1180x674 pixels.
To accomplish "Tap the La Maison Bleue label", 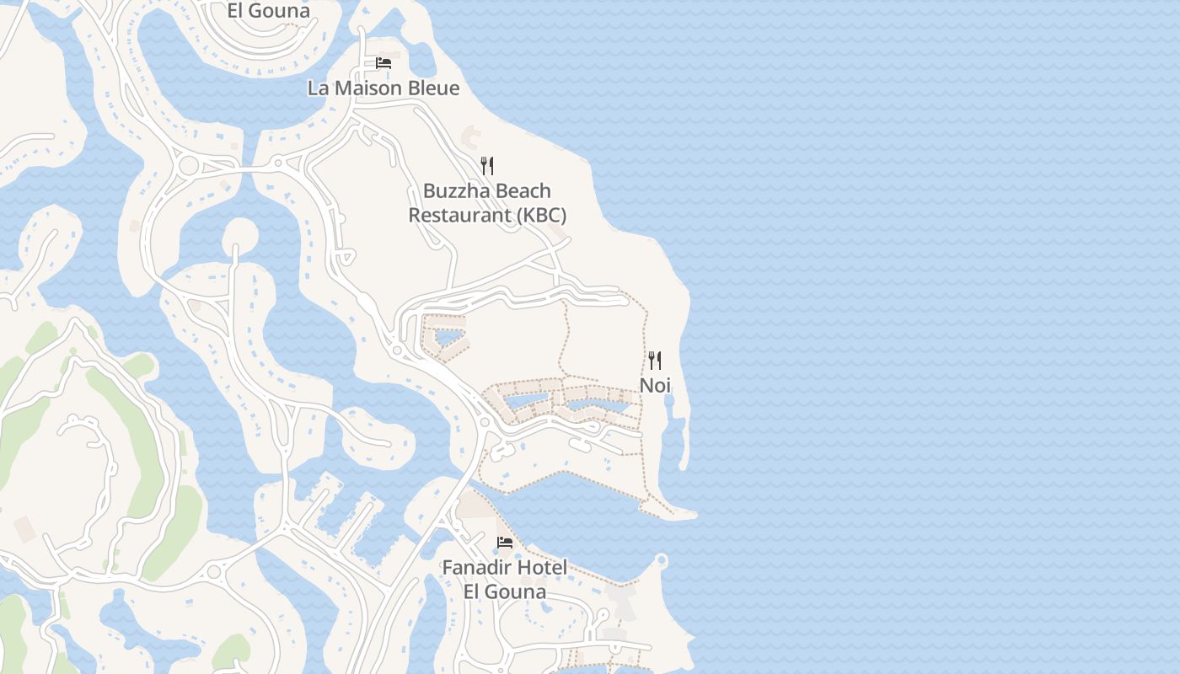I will [383, 88].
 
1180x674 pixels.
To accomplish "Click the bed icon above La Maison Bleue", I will [383, 63].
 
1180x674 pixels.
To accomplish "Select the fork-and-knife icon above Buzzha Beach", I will [487, 165].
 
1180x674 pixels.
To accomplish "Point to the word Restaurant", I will [459, 216].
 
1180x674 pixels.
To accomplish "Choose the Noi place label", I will [655, 386].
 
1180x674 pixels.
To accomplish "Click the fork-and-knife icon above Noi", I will [655, 361].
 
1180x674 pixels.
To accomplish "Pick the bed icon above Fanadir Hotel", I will [505, 542].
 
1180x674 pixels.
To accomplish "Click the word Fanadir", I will [476, 568].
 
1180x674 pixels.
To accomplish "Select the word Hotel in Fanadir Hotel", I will [542, 568].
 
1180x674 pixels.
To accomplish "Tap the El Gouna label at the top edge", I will [269, 11].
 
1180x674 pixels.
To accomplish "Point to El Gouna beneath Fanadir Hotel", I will [505, 591].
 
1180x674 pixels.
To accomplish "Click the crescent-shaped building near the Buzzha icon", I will [469, 133].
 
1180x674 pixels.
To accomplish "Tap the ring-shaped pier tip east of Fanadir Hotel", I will [661, 559].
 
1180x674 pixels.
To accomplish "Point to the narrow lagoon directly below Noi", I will [674, 430].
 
